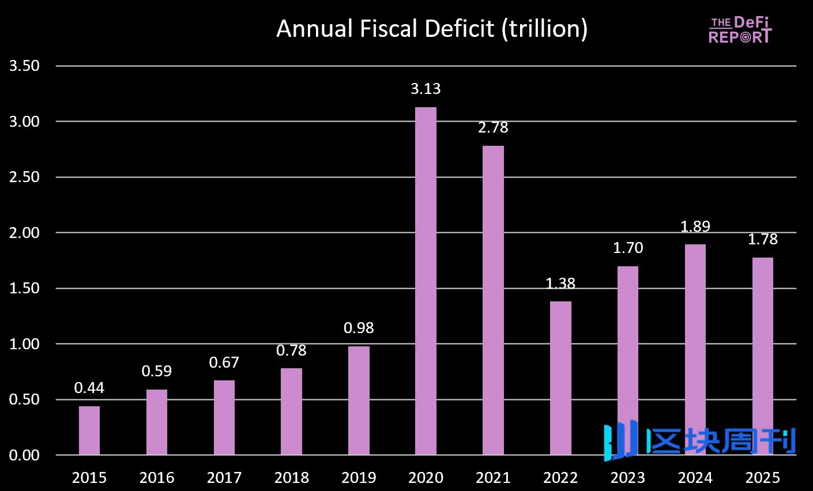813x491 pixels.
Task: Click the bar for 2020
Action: point(426,281)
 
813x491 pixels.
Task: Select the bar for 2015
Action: point(89,430)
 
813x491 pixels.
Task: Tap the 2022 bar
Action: point(560,377)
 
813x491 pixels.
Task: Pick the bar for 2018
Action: point(291,411)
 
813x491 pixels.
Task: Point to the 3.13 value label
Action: point(426,89)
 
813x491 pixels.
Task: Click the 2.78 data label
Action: point(493,127)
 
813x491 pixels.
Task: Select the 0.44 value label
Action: point(89,388)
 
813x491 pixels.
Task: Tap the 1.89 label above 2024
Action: point(695,226)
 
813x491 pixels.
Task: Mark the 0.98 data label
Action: point(359,328)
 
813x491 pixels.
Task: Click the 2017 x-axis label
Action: point(224,478)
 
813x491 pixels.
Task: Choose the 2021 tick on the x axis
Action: point(493,478)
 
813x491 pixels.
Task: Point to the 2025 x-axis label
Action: point(762,478)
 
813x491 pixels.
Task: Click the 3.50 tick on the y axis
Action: point(24,66)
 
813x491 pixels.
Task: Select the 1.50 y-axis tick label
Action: point(24,288)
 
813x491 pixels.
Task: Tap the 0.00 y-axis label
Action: point(24,455)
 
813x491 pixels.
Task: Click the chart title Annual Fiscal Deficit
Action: point(432,29)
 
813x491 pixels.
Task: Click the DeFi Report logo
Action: point(740,30)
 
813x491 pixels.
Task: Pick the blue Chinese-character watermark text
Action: point(721,441)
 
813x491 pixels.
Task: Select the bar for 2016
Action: point(157,422)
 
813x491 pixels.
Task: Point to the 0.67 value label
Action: point(224,362)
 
